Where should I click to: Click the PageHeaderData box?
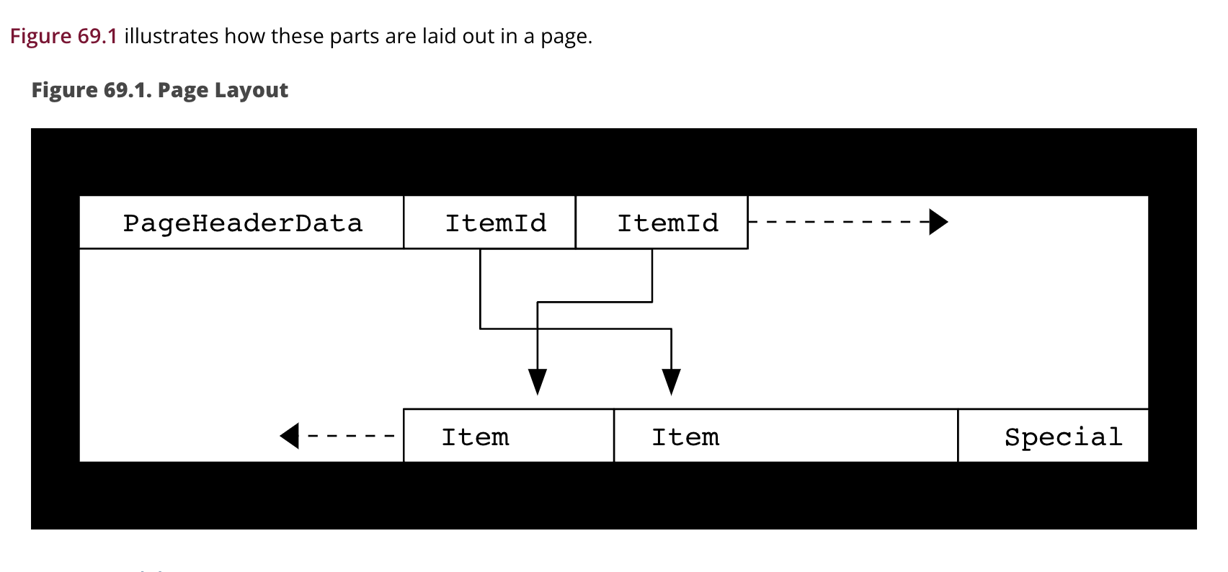241,223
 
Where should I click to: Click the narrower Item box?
509,436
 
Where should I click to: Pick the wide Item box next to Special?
786,436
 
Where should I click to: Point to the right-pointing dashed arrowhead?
938,222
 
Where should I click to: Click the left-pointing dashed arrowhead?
290,436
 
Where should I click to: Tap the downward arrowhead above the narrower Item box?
538,381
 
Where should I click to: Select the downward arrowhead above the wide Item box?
671,381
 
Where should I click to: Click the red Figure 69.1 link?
63,36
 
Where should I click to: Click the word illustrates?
171,36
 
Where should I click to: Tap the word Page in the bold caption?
182,90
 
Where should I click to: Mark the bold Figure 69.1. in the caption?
91,90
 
